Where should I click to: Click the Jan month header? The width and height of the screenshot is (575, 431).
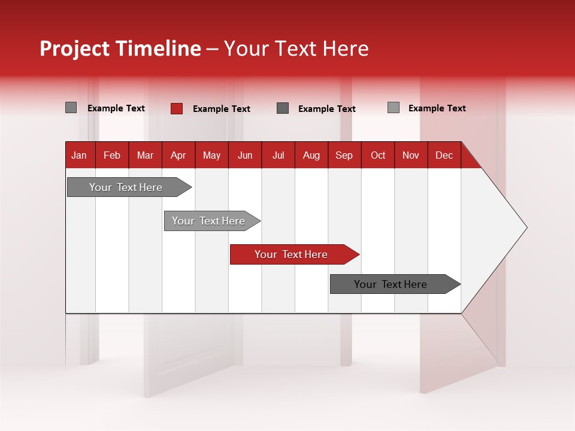click(79, 156)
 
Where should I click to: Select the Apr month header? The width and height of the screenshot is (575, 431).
click(178, 156)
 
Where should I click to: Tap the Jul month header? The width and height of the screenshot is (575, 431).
click(278, 156)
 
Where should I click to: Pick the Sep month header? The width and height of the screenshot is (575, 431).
click(344, 156)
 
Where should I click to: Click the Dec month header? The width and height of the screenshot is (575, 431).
click(444, 156)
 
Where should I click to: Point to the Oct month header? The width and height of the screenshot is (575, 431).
click(377, 156)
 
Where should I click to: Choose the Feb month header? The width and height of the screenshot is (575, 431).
click(112, 156)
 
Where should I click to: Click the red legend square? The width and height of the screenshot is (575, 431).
click(177, 108)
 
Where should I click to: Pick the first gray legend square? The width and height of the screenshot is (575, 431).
click(71, 108)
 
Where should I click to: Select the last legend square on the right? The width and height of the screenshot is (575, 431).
click(394, 108)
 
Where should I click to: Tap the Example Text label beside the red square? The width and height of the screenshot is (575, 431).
click(222, 109)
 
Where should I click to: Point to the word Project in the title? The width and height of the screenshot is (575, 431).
click(74, 48)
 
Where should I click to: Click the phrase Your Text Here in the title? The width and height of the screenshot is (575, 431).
click(296, 48)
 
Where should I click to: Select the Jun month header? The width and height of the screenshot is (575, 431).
click(244, 156)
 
